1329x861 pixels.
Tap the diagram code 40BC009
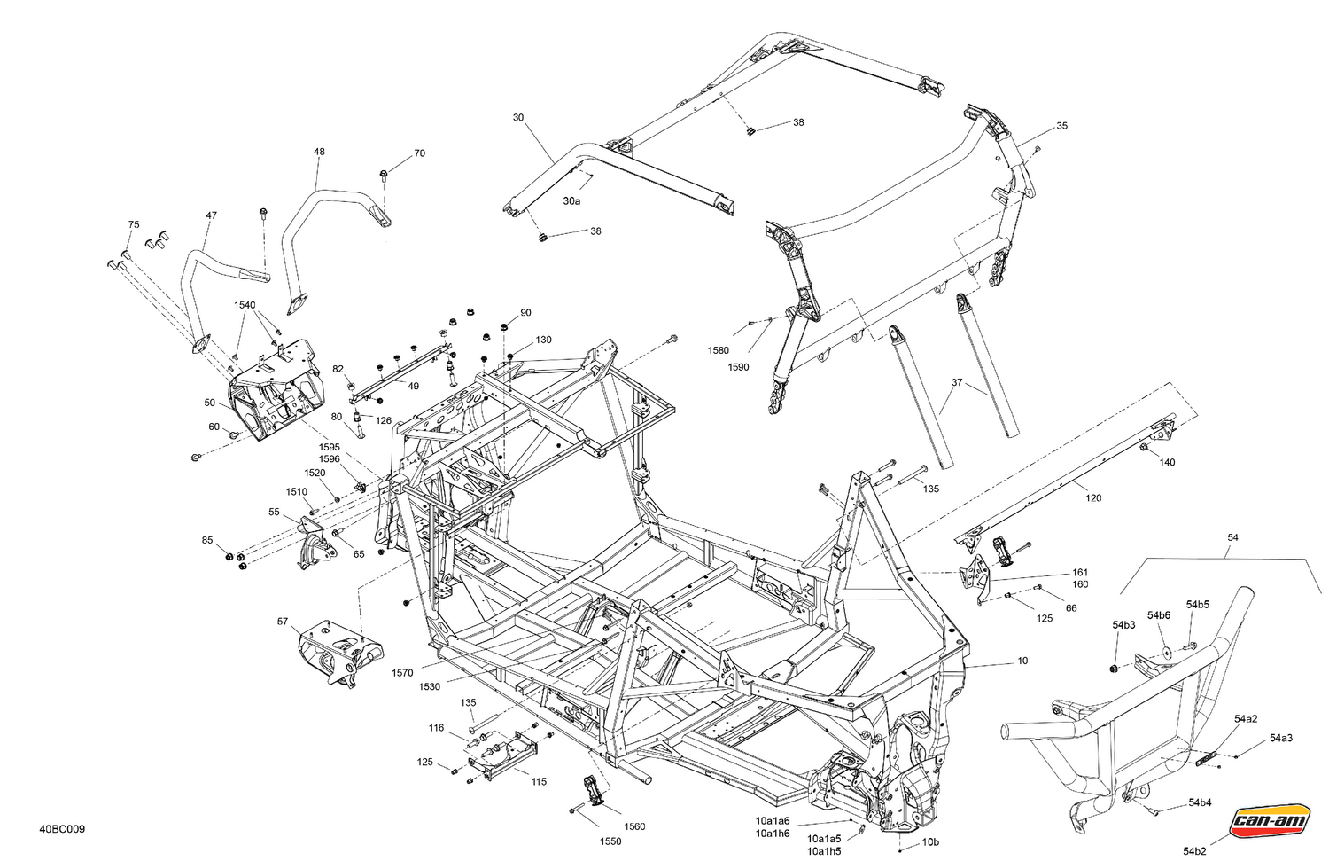tap(62, 830)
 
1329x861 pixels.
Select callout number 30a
tap(571, 201)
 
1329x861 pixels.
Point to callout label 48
tap(319, 152)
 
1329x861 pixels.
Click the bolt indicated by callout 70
tap(383, 172)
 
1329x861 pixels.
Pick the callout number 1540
tap(245, 305)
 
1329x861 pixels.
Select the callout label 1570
tap(402, 673)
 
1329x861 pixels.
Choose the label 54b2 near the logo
tap(1194, 851)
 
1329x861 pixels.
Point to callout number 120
tap(1093, 498)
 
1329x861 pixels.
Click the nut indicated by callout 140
tap(1144, 450)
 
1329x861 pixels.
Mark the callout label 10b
tap(930, 841)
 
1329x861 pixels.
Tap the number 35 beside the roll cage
tap(1061, 126)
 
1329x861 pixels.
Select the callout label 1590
tap(738, 366)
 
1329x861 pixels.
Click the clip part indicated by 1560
tap(591, 788)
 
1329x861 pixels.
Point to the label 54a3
tap(1280, 738)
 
